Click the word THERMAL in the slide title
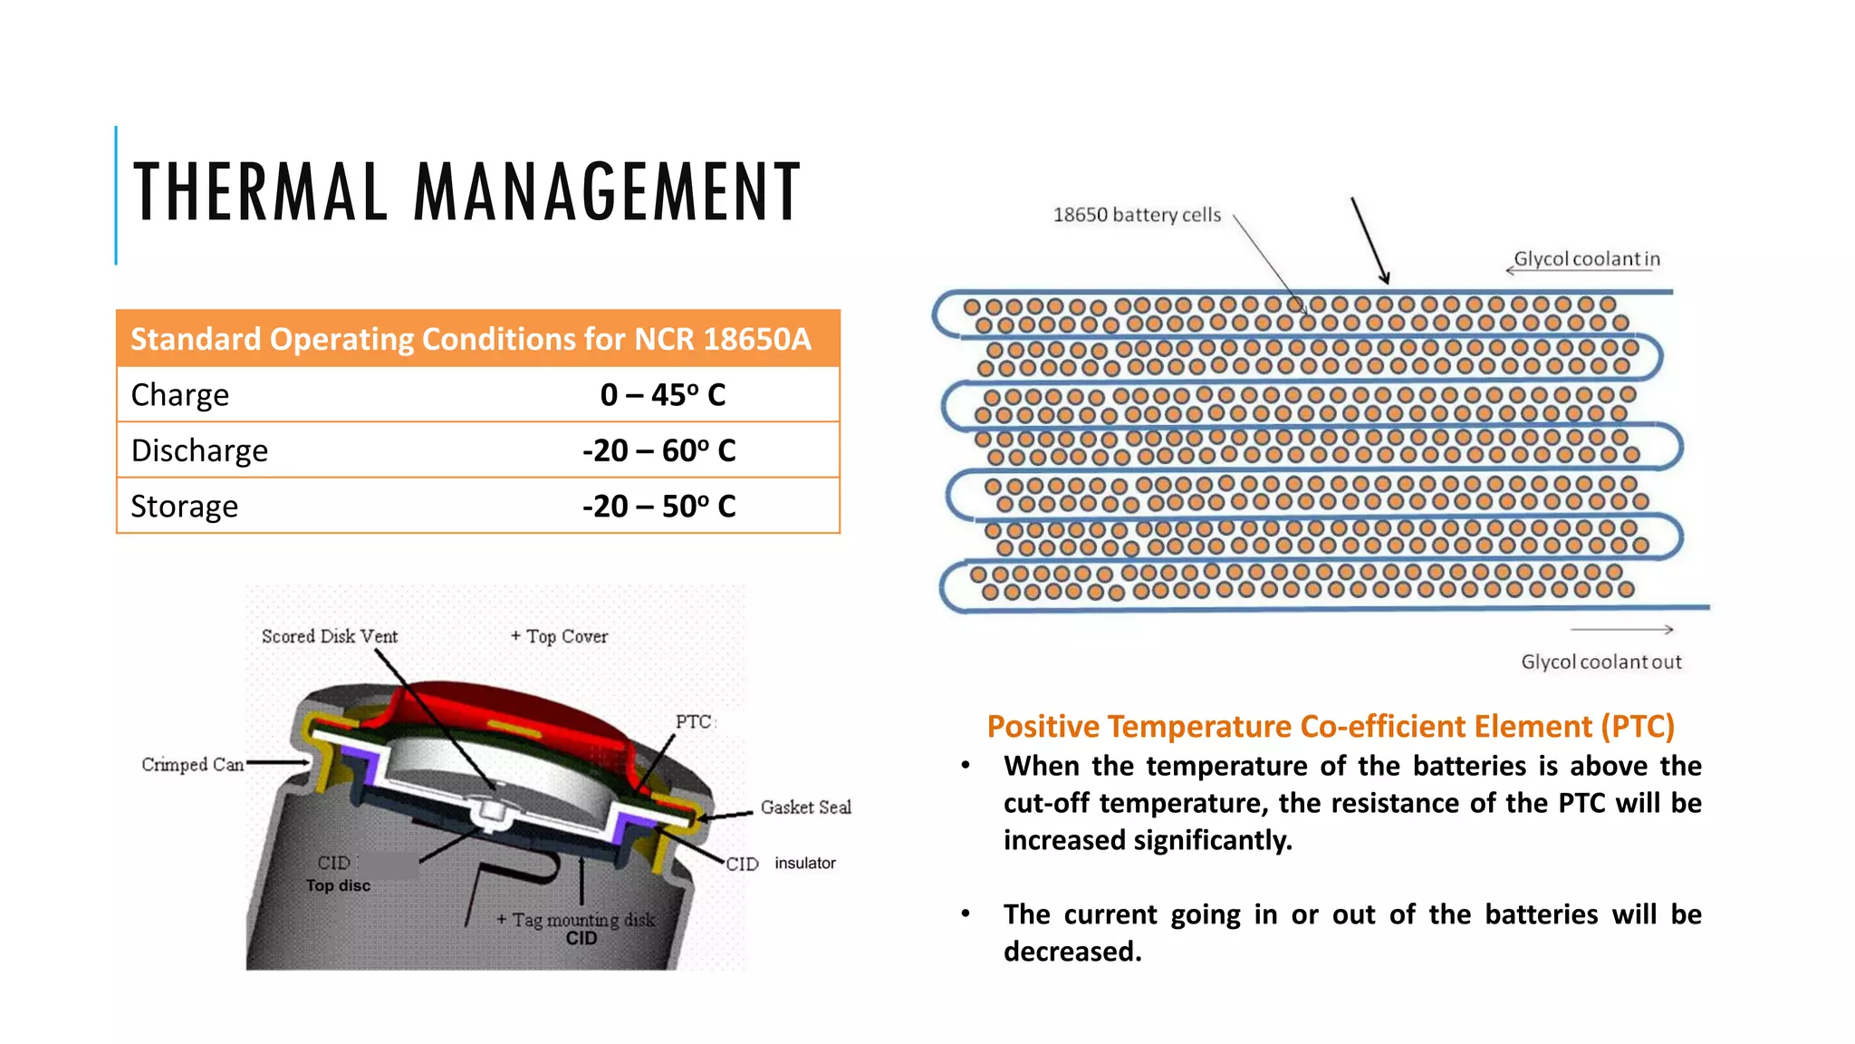coord(261,191)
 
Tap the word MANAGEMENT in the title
coord(608,191)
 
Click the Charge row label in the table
coord(180,395)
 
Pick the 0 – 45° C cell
coord(662,395)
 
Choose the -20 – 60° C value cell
coord(658,450)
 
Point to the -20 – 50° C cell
coord(658,506)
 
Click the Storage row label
coord(185,506)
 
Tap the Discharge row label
coord(199,450)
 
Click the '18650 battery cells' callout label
coord(1137,216)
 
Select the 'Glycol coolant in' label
coord(1587,259)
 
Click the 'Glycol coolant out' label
coord(1600,662)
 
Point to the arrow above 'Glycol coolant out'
coord(1621,629)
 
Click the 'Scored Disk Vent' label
coord(330,636)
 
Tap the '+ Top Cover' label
coord(559,636)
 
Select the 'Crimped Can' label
coord(193,765)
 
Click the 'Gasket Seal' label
coord(805,807)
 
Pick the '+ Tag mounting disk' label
coord(575,920)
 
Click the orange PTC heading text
coord(1330,727)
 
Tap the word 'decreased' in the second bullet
coord(1072,952)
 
